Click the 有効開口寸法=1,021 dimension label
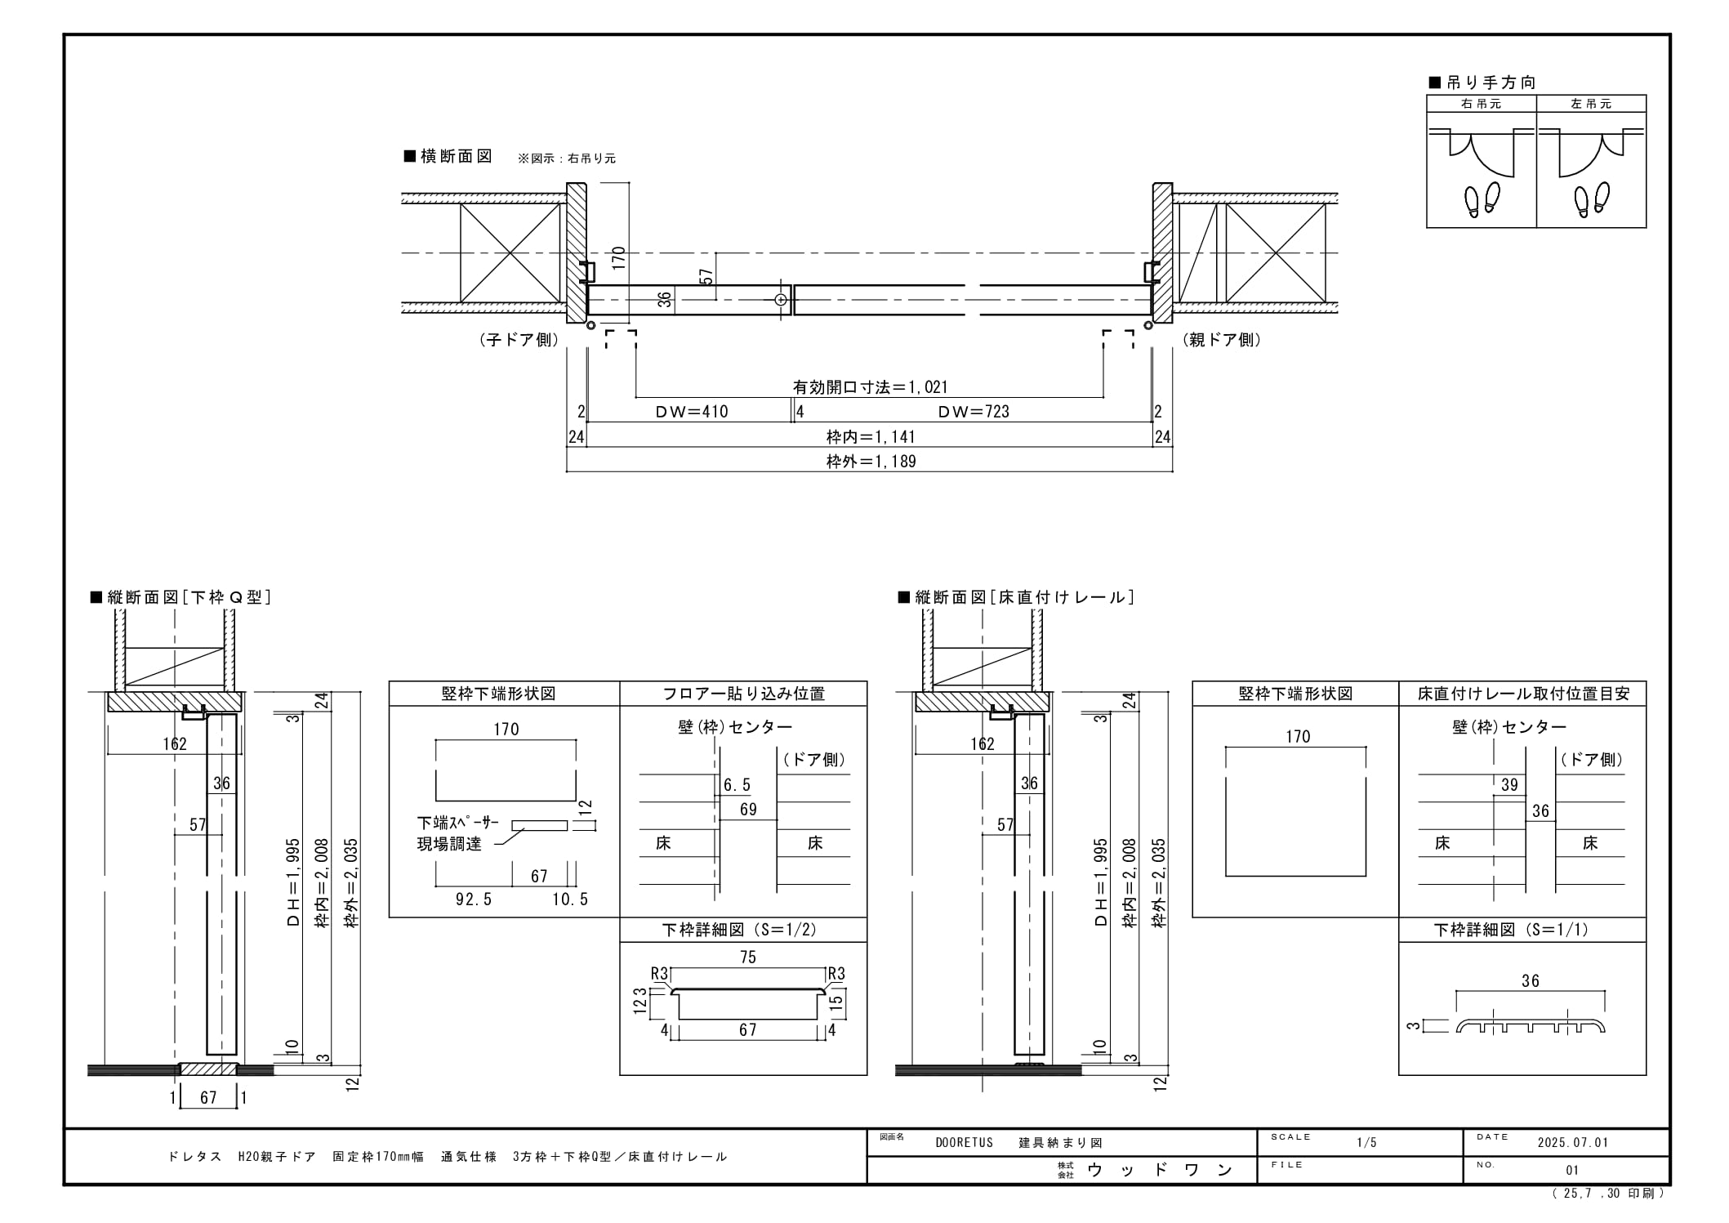[870, 387]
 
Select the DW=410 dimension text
[692, 412]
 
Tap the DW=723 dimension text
[974, 412]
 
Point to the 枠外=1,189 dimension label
[871, 462]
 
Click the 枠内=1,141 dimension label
[871, 437]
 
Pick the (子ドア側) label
[519, 340]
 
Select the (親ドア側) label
[1222, 340]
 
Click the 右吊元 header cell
[1482, 104]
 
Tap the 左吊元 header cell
[1591, 104]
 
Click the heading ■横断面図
[448, 156]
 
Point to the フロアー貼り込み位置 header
[743, 694]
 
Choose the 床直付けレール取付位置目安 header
[1523, 694]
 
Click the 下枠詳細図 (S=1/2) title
[739, 930]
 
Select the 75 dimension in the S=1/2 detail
[748, 957]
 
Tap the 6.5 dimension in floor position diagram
[737, 785]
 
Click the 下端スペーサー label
[457, 823]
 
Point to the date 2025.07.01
[1573, 1142]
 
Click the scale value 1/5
[1366, 1142]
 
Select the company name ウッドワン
[1160, 1170]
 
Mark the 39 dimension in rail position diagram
[1509, 785]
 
